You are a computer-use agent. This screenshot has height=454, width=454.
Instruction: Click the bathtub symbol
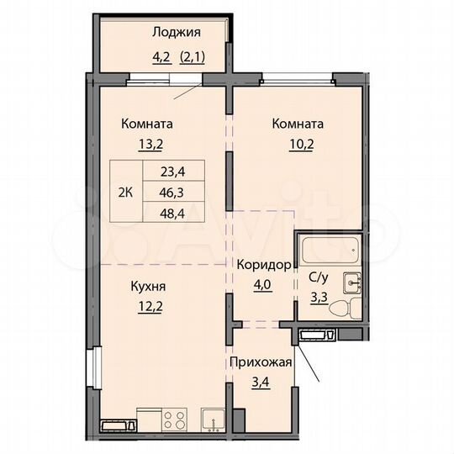[329, 251]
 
